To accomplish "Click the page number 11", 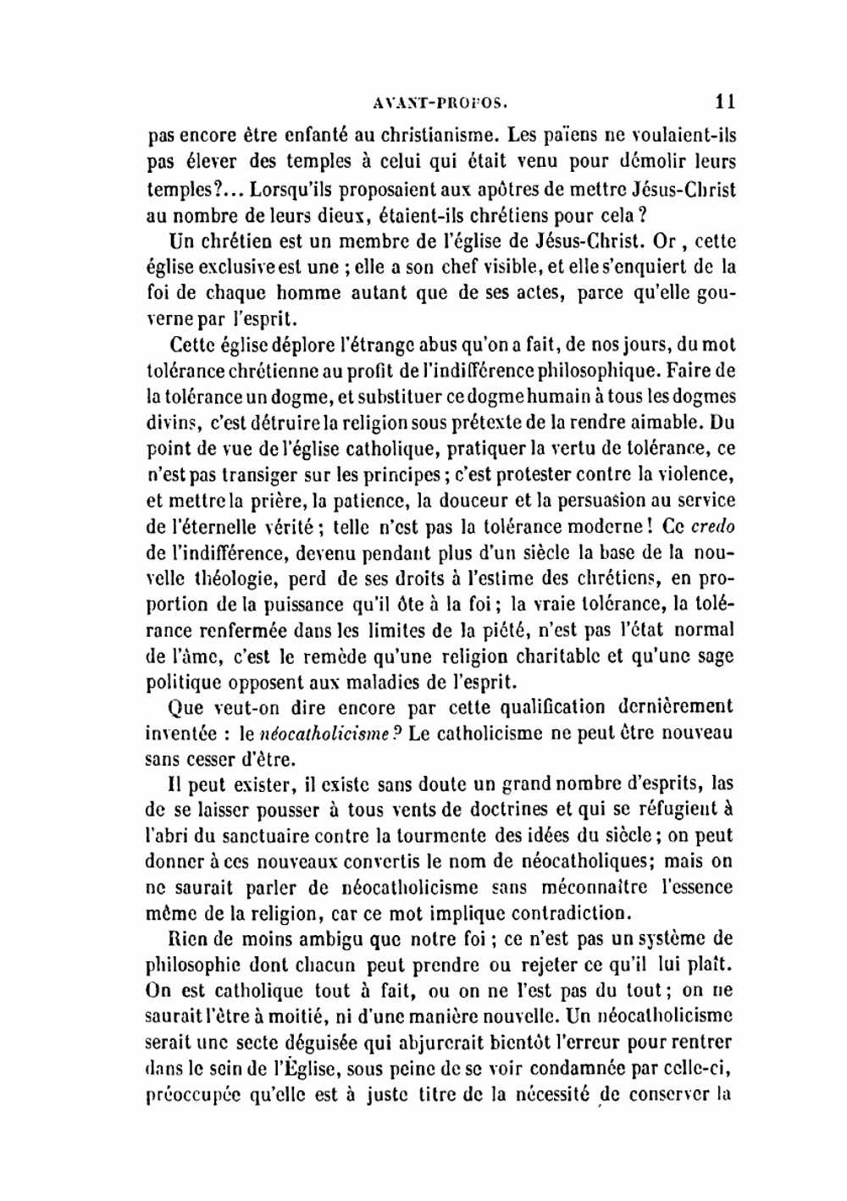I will coord(724,102).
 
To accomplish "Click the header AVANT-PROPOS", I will coord(440,104).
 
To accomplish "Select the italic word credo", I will coord(713,526).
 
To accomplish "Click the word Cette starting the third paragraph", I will coord(191,346).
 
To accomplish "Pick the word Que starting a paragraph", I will coord(186,707).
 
